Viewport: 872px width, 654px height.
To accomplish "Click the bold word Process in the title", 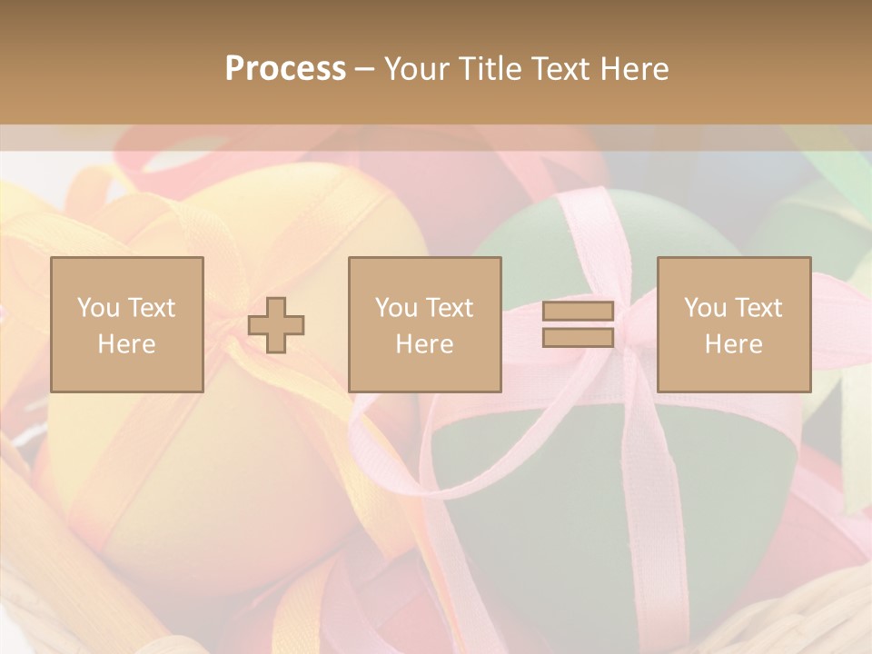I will point(285,69).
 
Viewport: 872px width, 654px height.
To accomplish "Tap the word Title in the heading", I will point(488,69).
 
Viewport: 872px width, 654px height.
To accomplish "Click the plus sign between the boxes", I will point(276,325).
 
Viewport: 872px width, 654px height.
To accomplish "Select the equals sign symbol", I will point(578,324).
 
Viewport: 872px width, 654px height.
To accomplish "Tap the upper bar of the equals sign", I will point(578,311).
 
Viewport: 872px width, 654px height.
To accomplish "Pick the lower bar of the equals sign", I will point(578,338).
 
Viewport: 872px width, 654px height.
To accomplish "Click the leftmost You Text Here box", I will point(127,324).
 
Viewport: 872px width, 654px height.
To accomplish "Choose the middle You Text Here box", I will point(425,324).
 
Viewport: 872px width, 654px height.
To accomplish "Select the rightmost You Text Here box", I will point(734,324).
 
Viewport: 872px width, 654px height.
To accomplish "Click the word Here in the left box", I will point(127,343).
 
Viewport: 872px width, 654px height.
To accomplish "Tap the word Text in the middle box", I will point(450,308).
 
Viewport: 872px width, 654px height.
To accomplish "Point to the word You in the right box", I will point(706,308).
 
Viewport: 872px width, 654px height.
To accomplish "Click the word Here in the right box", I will point(734,343).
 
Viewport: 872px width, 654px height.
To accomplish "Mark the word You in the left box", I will point(99,308).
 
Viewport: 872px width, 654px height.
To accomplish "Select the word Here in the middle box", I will point(425,343).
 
